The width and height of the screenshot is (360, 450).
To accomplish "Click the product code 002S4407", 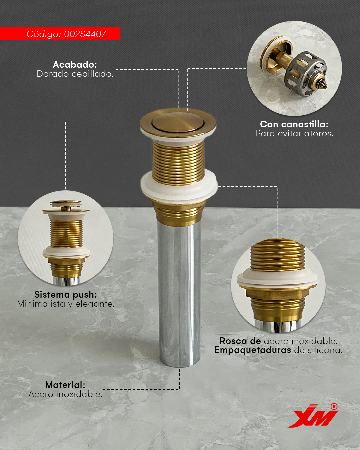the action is pyautogui.click(x=85, y=34).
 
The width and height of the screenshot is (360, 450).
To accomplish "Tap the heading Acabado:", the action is pyautogui.click(x=75, y=64).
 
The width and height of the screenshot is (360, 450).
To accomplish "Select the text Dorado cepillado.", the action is pyautogui.click(x=75, y=74).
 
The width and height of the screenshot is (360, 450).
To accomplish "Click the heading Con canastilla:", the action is pyautogui.click(x=294, y=124).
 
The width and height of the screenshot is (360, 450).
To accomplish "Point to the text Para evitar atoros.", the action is pyautogui.click(x=294, y=133).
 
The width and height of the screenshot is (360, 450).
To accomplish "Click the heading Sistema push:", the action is pyautogui.click(x=65, y=295).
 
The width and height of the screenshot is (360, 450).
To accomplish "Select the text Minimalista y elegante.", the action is pyautogui.click(x=66, y=304).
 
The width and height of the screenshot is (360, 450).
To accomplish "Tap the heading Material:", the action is pyautogui.click(x=65, y=385).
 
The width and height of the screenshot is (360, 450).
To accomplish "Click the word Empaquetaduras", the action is pyautogui.click(x=253, y=350).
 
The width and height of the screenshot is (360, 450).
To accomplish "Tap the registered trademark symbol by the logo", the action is pyautogui.click(x=334, y=407).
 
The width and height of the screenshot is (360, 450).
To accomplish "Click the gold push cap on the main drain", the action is pyautogui.click(x=178, y=123).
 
